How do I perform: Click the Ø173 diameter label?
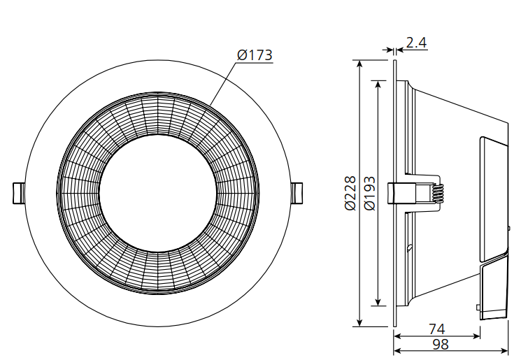coord(254,55)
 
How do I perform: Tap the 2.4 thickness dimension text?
coord(416,43)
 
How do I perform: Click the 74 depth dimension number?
coord(437,329)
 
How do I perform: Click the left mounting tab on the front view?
coord(18,193)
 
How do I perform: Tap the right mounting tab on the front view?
coord(297,193)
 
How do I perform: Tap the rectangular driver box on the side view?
coord(494,196)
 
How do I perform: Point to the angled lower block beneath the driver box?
coord(494,287)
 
